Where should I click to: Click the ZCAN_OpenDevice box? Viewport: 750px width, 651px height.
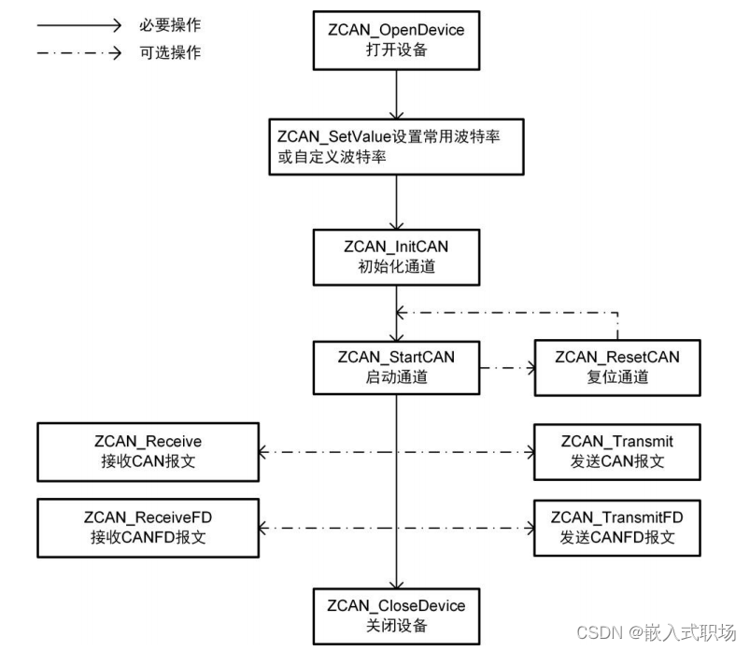(x=396, y=40)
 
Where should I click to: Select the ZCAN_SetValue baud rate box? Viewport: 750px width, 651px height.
(x=396, y=147)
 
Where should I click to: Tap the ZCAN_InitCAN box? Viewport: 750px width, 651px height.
(x=396, y=256)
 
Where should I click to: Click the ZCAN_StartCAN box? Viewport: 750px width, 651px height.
(x=396, y=366)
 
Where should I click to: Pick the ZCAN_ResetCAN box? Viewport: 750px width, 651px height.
(x=616, y=366)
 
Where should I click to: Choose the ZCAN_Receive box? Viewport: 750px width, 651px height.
(x=147, y=450)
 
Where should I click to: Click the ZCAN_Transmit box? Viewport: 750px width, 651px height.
(x=616, y=450)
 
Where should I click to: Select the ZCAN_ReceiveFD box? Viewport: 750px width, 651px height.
(x=147, y=526)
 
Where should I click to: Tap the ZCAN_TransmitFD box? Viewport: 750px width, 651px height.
(x=616, y=526)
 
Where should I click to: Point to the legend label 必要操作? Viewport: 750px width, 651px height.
(x=170, y=24)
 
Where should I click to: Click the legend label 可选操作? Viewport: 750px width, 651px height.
(x=170, y=52)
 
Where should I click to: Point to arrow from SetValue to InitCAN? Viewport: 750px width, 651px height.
(x=397, y=200)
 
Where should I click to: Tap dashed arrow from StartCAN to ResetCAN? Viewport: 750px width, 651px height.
(x=506, y=368)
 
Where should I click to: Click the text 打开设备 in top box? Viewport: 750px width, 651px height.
(x=396, y=50)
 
